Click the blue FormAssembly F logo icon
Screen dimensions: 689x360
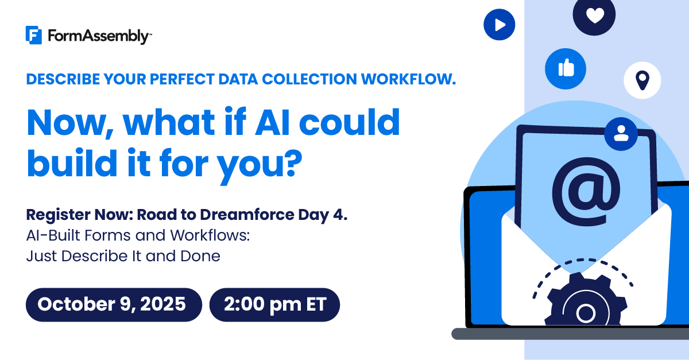[33, 35]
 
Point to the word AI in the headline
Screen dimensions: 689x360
[273, 122]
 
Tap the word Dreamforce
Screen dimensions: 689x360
[247, 215]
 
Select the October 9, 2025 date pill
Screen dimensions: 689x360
[114, 305]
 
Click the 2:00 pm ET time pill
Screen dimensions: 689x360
[274, 305]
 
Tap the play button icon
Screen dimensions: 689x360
[499, 25]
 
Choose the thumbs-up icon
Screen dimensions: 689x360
[566, 69]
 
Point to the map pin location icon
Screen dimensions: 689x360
[642, 80]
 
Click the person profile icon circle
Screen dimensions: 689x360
[621, 134]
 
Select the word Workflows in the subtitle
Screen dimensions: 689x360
[210, 235]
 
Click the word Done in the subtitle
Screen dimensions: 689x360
[200, 256]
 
